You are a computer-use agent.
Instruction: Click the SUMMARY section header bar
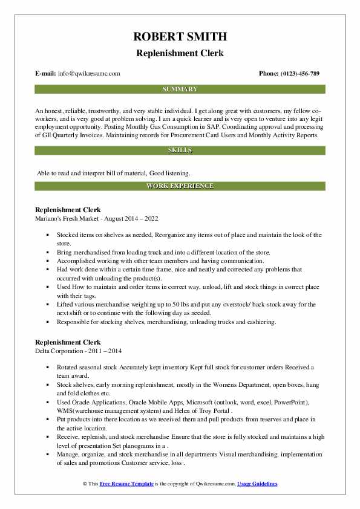pyautogui.click(x=180, y=89)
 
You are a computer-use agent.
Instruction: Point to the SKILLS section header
pyautogui.click(x=180, y=149)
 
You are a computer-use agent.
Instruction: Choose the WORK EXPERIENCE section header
pyautogui.click(x=180, y=186)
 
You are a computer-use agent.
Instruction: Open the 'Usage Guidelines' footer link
pyautogui.click(x=257, y=484)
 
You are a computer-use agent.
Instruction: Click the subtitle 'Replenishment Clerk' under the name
pyautogui.click(x=180, y=53)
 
